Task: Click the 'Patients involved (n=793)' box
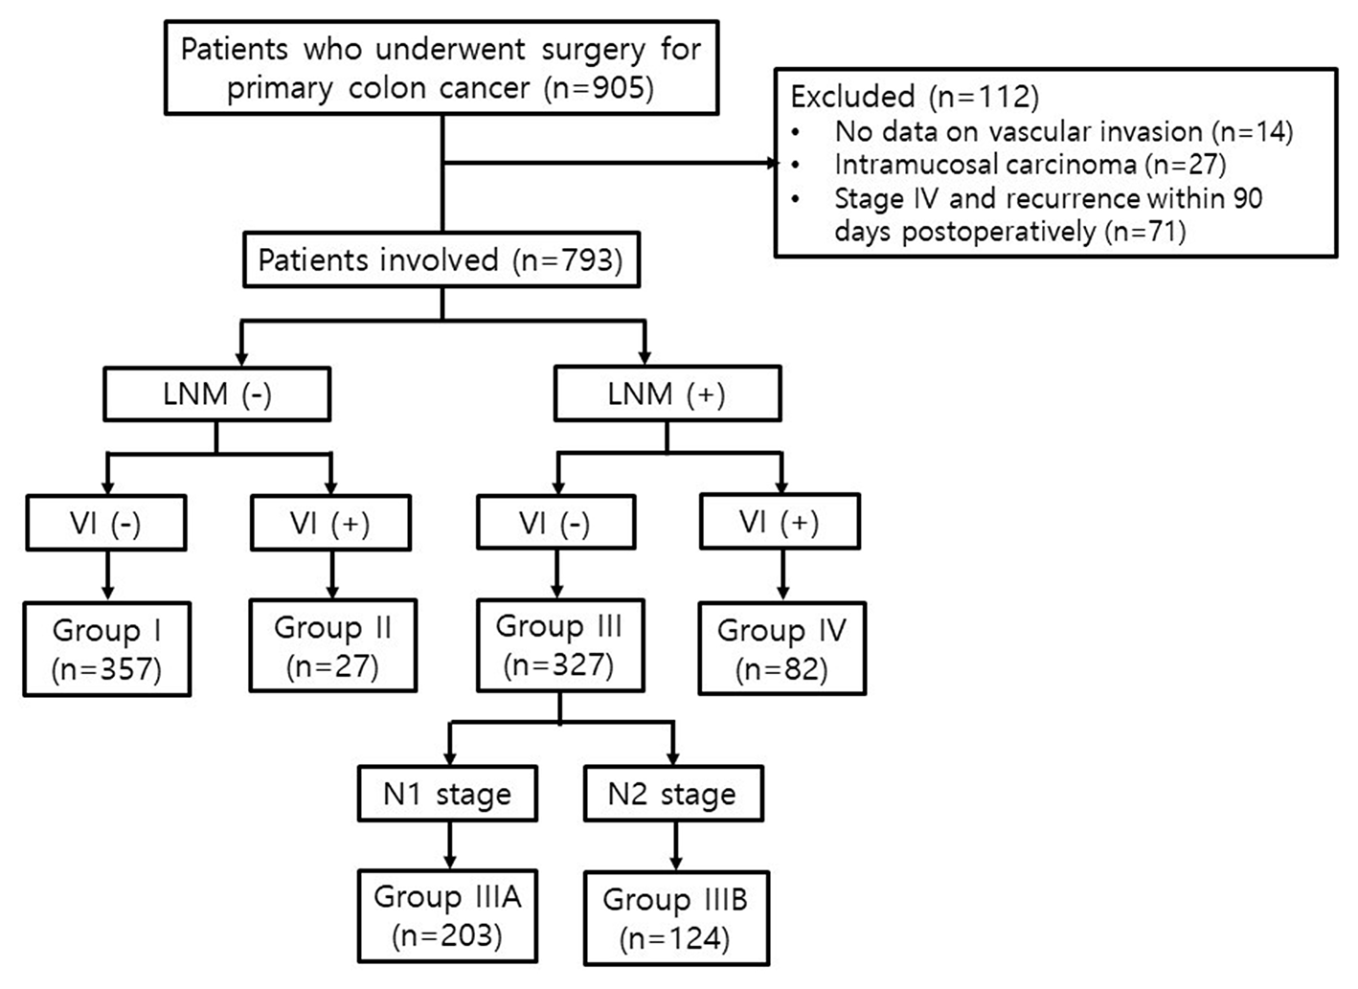tap(441, 259)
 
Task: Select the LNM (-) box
tap(216, 393)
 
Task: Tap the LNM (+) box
tap(667, 393)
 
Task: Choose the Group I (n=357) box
tap(106, 648)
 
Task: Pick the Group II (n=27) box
tap(332, 645)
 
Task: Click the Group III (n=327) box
tap(559, 645)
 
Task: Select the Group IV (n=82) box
tap(781, 648)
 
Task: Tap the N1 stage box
tap(447, 794)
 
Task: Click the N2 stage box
tap(672, 794)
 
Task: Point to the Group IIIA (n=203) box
tap(447, 915)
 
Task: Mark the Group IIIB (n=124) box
tap(675, 918)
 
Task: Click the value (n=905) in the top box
tap(600, 88)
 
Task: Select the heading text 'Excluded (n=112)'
tap(915, 97)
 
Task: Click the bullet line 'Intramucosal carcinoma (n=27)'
tap(1030, 165)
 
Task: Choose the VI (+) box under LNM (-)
tap(330, 523)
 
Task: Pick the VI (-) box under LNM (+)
tap(555, 523)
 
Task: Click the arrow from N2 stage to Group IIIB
tap(675, 845)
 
